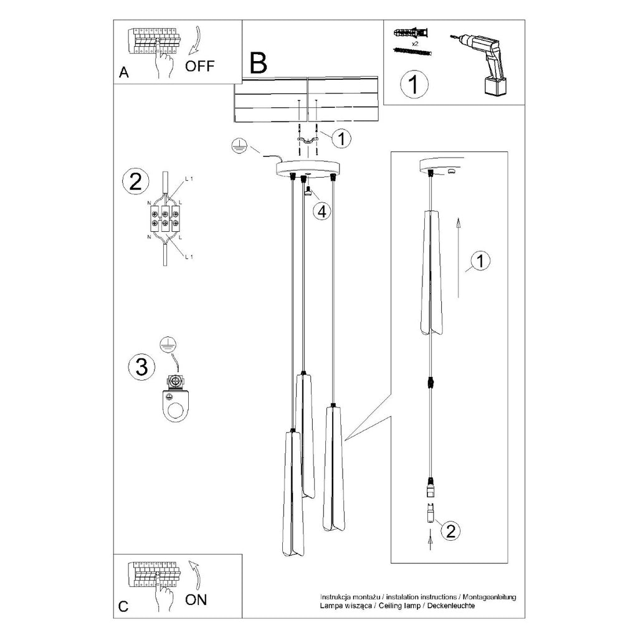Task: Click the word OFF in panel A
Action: point(199,66)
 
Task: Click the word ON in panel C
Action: point(196,599)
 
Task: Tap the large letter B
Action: point(259,63)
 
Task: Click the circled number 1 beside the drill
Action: point(414,85)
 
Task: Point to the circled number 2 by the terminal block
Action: point(135,181)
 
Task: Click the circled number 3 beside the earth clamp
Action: point(141,366)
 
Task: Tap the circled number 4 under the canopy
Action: point(322,211)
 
